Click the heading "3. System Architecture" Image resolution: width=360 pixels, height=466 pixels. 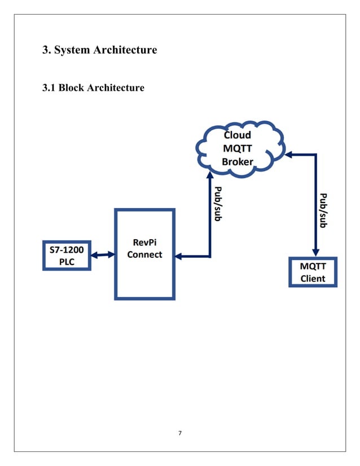(100, 50)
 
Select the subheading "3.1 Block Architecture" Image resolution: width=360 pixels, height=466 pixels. (94, 88)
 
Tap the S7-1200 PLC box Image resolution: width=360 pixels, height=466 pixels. (67, 256)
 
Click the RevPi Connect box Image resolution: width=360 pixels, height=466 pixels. (144, 254)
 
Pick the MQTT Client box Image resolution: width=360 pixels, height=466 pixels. (313, 272)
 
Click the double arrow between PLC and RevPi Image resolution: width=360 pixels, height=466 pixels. (103, 256)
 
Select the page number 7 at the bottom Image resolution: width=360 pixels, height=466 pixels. (180, 433)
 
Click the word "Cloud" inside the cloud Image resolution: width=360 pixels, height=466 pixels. (238, 135)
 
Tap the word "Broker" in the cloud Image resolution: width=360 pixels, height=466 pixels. (238, 162)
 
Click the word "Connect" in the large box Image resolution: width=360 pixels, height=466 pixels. (144, 254)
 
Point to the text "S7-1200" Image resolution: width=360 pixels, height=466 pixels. (67, 249)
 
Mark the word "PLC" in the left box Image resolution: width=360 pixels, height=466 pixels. (67, 262)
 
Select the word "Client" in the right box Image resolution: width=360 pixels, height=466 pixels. (313, 278)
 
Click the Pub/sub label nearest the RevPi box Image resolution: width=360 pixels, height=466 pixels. (218, 204)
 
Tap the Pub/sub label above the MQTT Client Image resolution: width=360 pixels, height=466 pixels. (323, 210)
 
